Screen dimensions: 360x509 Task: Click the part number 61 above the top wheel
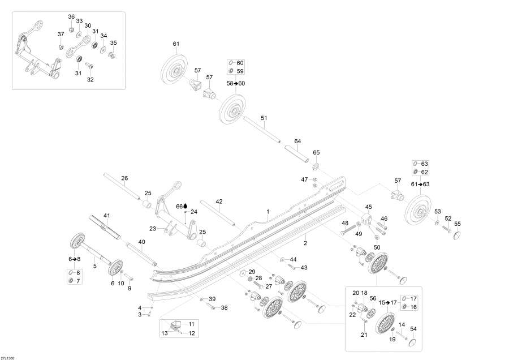click(x=176, y=44)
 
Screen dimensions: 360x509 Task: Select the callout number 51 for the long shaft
click(x=264, y=118)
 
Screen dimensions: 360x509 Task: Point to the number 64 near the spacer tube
click(x=297, y=141)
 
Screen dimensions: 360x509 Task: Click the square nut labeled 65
click(x=316, y=166)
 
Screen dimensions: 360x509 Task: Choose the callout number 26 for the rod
click(x=124, y=179)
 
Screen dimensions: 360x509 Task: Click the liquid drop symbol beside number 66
click(x=186, y=206)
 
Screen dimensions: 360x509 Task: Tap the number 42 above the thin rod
click(x=219, y=201)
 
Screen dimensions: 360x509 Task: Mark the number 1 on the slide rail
click(x=268, y=212)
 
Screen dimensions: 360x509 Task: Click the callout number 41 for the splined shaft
click(x=106, y=216)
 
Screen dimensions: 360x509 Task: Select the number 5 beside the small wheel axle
click(x=94, y=265)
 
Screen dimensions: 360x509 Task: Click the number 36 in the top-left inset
click(x=71, y=16)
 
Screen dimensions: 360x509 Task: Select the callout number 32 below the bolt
click(x=90, y=79)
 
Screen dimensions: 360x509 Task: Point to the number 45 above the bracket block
click(x=368, y=207)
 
